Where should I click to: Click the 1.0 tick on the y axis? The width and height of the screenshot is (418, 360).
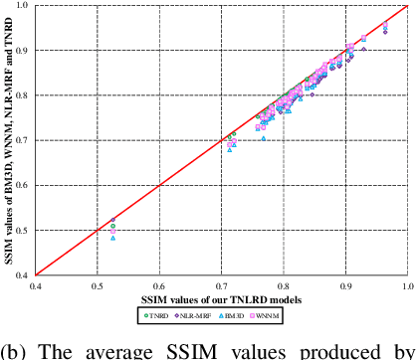[28, 5]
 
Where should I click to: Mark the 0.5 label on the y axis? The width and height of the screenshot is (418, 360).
[28, 230]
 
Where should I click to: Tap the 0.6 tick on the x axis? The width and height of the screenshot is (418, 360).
[159, 284]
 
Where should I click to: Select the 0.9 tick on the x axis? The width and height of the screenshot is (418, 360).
[345, 284]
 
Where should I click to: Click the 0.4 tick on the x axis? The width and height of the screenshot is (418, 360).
[36, 284]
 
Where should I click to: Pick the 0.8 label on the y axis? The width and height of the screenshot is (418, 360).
[28, 94]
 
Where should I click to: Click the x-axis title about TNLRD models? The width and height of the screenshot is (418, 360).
[220, 299]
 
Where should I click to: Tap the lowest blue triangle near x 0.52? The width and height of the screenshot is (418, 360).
[113, 238]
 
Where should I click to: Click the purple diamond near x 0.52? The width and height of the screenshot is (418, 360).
[112, 220]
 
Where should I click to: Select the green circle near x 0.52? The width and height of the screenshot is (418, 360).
[112, 227]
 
